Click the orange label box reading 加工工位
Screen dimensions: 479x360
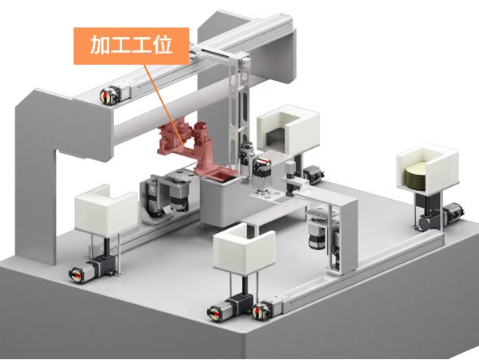[x=131, y=46]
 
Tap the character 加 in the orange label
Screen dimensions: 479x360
[x=100, y=45]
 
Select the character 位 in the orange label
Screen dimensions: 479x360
[x=163, y=45]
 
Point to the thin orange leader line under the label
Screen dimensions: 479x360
[x=164, y=104]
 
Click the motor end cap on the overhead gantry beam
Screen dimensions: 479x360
[x=106, y=96]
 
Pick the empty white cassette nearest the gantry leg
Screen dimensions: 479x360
[x=105, y=210]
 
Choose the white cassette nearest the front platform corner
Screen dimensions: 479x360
[x=244, y=248]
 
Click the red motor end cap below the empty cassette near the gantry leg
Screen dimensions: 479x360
[x=76, y=275]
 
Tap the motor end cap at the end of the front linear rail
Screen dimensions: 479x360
[x=259, y=311]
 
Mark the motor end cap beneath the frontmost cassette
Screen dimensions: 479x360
[x=214, y=313]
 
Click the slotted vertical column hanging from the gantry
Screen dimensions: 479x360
[x=239, y=110]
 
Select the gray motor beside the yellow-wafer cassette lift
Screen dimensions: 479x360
[x=452, y=212]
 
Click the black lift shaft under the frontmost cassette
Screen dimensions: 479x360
[x=244, y=285]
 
